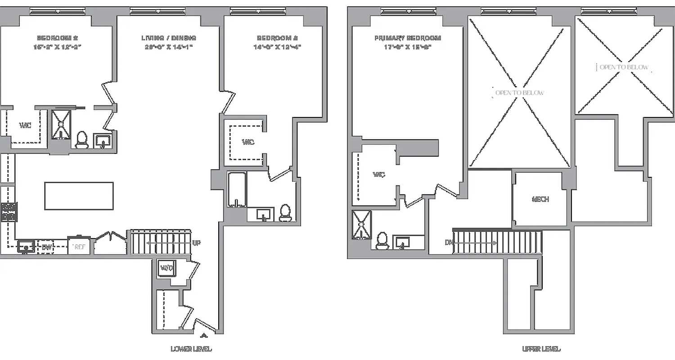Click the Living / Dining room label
click(169, 38)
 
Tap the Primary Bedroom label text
click(407, 38)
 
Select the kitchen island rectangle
click(79, 196)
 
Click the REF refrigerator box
click(79, 247)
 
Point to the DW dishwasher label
click(47, 247)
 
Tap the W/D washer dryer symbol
click(166, 268)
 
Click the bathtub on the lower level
click(237, 190)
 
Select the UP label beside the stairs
click(196, 243)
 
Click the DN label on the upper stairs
click(448, 243)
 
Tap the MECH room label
click(540, 199)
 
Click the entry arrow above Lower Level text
click(204, 335)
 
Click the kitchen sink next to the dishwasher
click(26, 246)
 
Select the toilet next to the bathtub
click(285, 212)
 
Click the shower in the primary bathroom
click(361, 224)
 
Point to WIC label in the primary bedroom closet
click(379, 175)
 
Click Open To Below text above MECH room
click(519, 93)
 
